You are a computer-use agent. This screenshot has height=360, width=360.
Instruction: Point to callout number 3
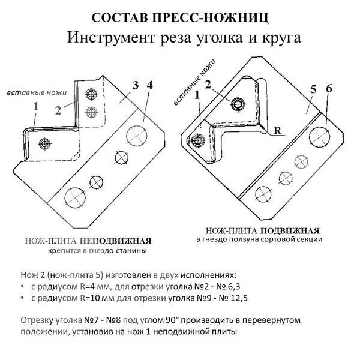[x=136, y=86]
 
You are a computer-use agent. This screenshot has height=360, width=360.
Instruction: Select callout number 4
[x=149, y=85]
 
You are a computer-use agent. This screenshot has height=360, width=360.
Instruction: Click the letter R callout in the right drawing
[x=278, y=130]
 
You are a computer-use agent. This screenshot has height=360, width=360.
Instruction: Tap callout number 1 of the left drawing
[x=36, y=106]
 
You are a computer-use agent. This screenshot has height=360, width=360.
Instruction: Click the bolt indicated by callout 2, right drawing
[x=239, y=105]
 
